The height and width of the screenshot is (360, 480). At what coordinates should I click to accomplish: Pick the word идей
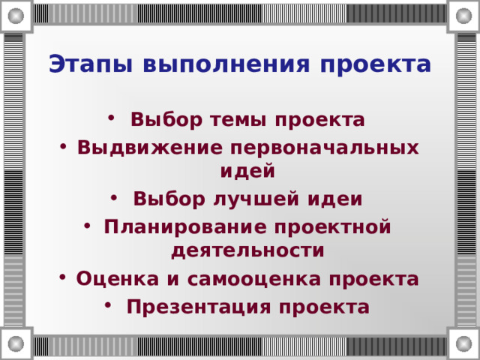[x=247, y=171]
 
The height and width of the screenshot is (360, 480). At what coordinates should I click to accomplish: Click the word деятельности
[x=247, y=250]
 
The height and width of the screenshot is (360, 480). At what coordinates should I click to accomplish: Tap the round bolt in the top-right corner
[x=463, y=14]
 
